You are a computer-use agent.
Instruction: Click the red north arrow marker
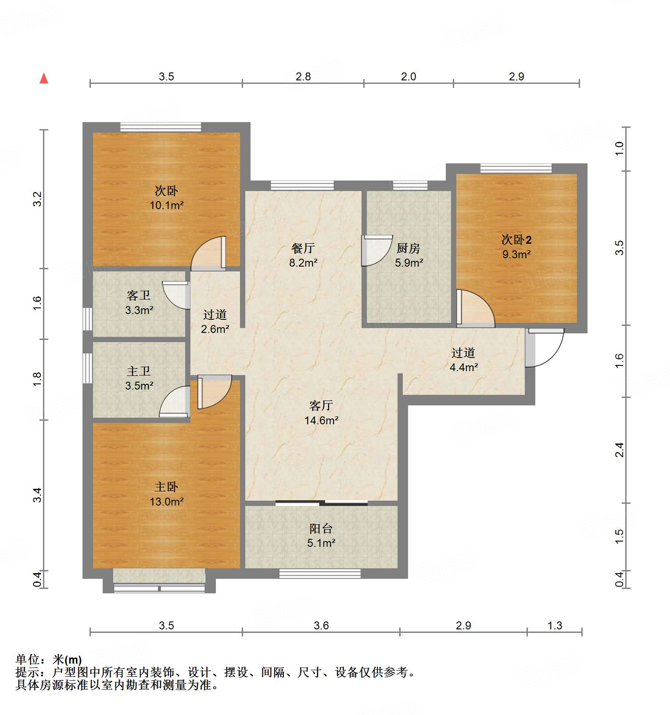pos(44,79)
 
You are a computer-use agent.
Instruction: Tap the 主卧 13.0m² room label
pos(166,494)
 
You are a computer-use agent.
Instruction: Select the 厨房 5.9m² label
pos(408,256)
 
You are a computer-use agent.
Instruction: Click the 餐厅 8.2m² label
pos(303,256)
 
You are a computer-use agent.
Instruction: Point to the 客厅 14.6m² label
pos(321,413)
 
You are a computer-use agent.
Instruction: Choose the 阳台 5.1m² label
pos(321,536)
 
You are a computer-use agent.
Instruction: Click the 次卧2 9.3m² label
pos(516,247)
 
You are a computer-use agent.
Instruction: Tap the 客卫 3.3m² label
pos(139,303)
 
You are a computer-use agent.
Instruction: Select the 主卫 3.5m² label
pos(139,379)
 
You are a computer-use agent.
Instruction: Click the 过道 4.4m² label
pos(463,360)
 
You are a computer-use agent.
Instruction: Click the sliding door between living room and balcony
pos(321,503)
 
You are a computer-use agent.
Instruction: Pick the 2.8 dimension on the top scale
pos(303,76)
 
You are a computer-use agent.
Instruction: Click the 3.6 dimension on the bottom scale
pos(321,625)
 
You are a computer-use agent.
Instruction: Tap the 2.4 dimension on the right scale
pos(619,450)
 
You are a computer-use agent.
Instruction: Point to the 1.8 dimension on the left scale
pos(38,379)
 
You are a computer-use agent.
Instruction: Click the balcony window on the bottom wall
pos(320,574)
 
